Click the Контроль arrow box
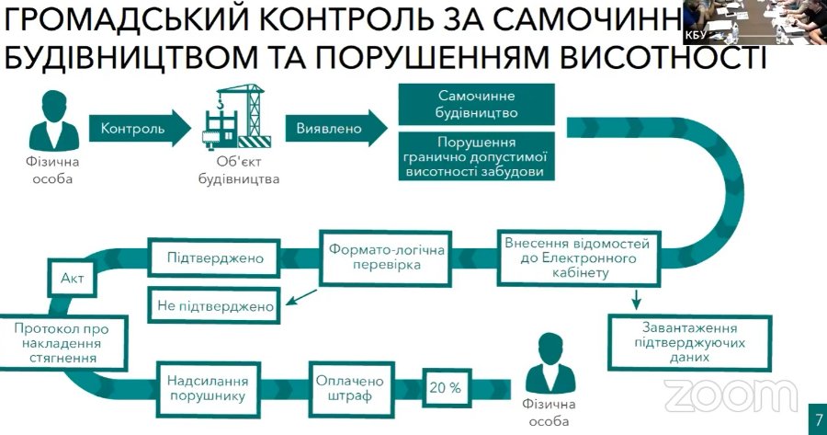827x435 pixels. coord(134,128)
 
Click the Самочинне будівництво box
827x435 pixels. coord(477,105)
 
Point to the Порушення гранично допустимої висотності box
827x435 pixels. coord(477,157)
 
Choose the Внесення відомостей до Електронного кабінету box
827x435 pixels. coord(576,258)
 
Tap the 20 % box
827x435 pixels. coord(445,387)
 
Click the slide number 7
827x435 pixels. coord(817,420)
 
